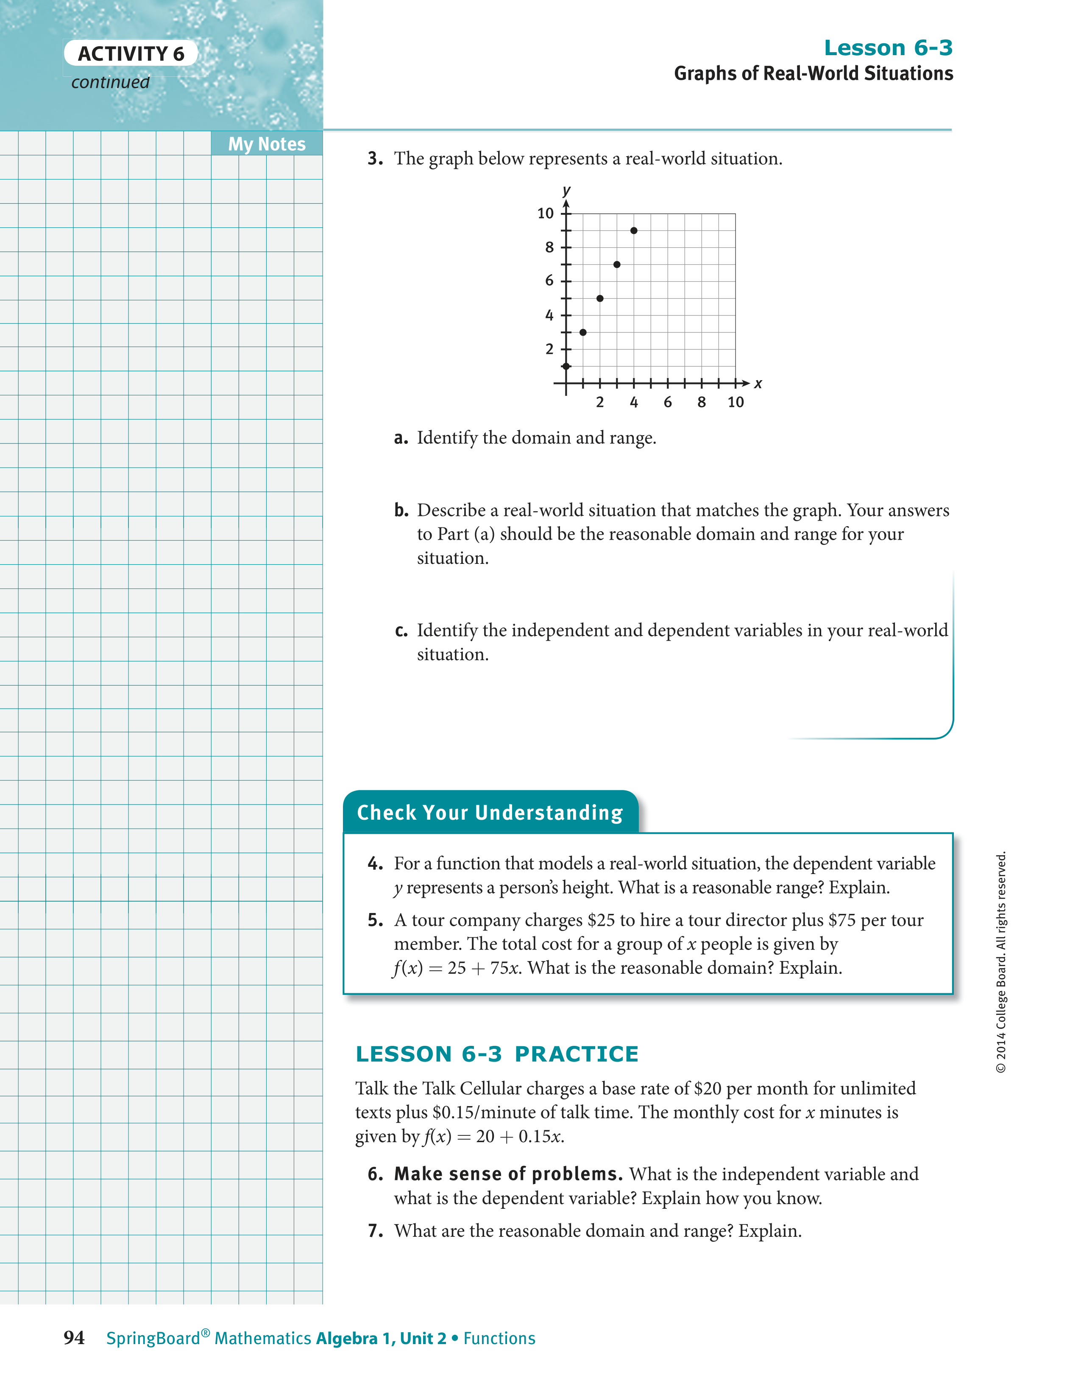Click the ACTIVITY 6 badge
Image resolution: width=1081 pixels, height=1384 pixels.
click(x=131, y=54)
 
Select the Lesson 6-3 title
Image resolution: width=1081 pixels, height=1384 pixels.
click(x=888, y=48)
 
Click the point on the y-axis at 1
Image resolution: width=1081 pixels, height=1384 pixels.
click(x=566, y=366)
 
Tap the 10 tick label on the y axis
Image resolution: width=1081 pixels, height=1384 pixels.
click(x=545, y=213)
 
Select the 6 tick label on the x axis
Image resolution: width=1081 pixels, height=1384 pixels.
click(x=668, y=402)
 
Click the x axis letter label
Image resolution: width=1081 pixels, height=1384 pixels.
click(x=758, y=384)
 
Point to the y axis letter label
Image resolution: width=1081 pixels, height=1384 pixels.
click(x=566, y=190)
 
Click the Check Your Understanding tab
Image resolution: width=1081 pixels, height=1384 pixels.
click(x=490, y=812)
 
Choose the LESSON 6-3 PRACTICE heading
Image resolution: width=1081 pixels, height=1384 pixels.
click(x=497, y=1054)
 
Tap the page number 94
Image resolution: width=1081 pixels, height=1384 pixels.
click(x=74, y=1338)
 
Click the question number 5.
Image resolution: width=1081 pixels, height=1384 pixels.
click(x=375, y=920)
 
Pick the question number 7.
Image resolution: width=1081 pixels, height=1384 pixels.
click(x=375, y=1231)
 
